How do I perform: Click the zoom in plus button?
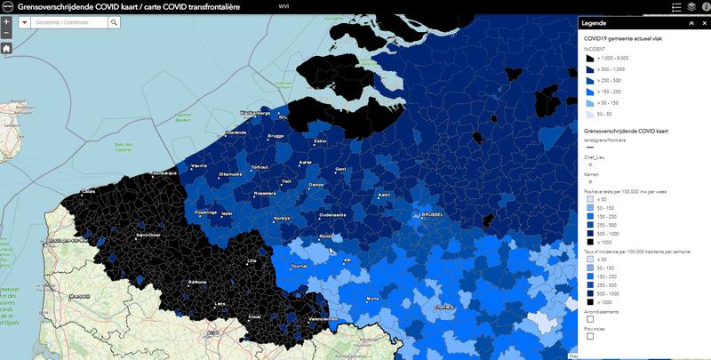6,21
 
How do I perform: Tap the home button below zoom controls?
6,48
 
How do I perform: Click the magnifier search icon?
114,22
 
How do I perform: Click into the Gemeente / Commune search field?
68,22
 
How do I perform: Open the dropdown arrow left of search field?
24,22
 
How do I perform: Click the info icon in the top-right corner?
707,6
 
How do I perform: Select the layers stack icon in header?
691,6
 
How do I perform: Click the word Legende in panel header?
594,23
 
